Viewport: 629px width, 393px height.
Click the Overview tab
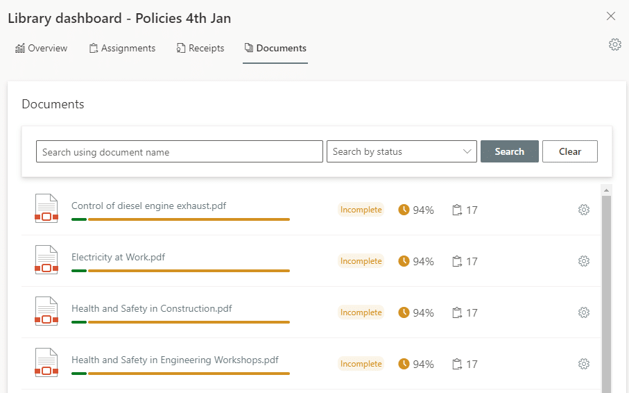point(42,49)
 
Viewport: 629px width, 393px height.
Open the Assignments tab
point(122,49)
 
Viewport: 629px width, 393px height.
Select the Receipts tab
point(200,49)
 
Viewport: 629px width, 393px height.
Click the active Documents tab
point(275,49)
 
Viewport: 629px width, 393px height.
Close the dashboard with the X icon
point(611,16)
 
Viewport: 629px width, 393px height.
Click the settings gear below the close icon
point(614,44)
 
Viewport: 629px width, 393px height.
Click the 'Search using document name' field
point(179,151)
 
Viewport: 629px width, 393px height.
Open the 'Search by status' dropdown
point(402,151)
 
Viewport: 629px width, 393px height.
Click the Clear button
point(569,151)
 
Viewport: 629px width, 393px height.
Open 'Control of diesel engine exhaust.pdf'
point(148,206)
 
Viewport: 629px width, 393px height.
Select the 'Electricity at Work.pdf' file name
point(118,257)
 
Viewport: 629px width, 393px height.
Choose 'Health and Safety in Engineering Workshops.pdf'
point(175,360)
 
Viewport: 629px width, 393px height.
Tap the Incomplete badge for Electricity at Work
point(361,261)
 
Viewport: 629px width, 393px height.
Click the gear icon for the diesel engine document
point(584,210)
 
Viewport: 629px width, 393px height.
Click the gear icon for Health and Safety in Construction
point(584,312)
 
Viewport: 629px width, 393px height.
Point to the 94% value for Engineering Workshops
point(422,364)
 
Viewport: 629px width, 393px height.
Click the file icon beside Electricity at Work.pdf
point(46,260)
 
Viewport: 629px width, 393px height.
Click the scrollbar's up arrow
point(606,190)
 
